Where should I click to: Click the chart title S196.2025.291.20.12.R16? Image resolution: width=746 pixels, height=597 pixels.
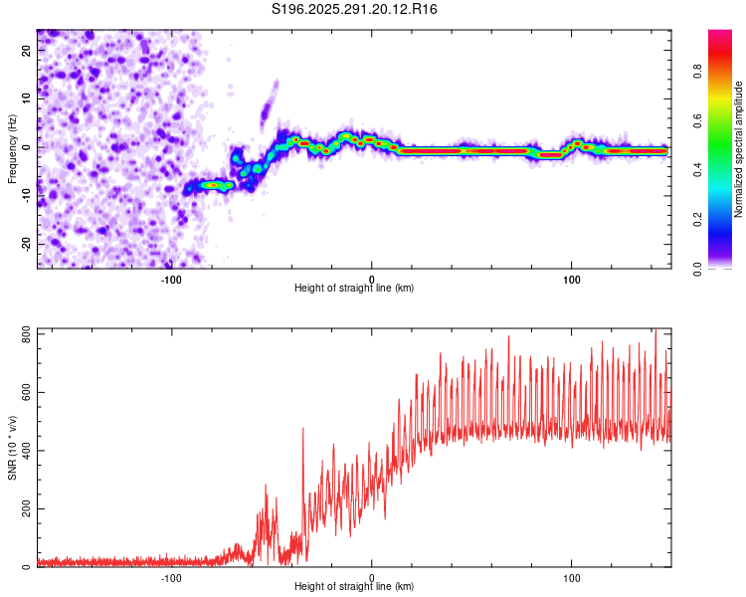pyautogui.click(x=355, y=9)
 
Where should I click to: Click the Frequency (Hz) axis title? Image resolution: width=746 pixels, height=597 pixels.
pyautogui.click(x=12, y=147)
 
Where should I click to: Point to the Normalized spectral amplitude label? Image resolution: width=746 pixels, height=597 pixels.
pyautogui.click(x=739, y=149)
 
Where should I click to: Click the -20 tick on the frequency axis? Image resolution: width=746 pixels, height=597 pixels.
pyautogui.click(x=25, y=244)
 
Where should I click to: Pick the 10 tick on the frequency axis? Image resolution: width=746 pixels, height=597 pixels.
pyautogui.click(x=27, y=98)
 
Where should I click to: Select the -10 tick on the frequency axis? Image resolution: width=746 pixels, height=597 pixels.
pyautogui.click(x=25, y=195)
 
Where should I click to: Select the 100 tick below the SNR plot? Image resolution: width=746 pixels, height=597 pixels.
pyautogui.click(x=572, y=577)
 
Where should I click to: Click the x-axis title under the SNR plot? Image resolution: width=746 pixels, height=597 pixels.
pyautogui.click(x=354, y=587)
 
